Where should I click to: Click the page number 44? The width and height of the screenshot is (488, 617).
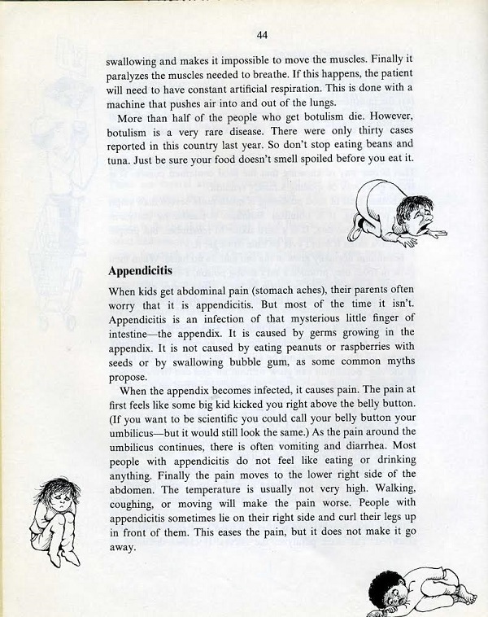coord(262,34)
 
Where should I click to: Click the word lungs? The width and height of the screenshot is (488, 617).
coord(317,102)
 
